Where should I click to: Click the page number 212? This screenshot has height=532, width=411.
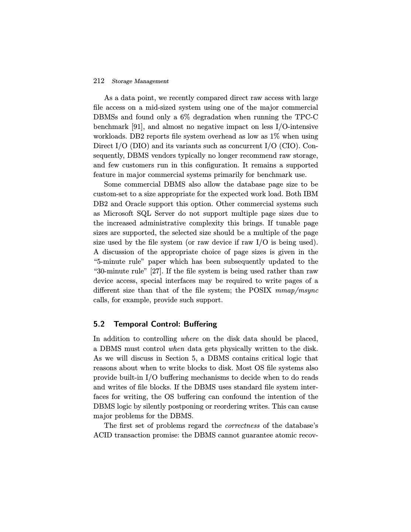pos(99,81)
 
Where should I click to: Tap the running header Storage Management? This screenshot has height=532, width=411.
pos(140,81)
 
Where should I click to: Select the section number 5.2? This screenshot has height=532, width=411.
pos(99,324)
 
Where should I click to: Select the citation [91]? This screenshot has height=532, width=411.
pos(137,127)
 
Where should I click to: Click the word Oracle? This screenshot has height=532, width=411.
pos(136,204)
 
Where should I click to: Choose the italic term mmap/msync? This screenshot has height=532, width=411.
pos(297,290)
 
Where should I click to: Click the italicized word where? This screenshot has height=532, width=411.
pos(190,339)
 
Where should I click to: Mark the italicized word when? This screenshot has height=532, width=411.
pos(176,349)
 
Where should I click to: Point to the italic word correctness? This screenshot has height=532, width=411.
pos(242,426)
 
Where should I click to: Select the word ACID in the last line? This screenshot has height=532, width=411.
pos(102,435)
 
